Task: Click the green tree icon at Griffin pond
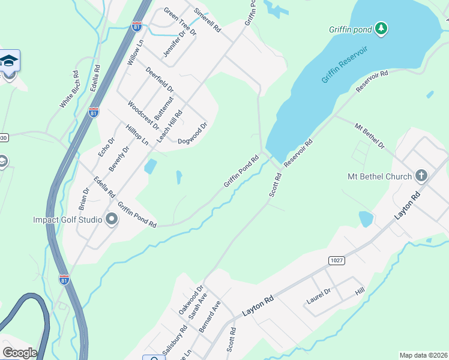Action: tap(381, 28)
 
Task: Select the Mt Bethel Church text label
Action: tap(380, 176)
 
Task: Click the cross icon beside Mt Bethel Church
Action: tap(421, 176)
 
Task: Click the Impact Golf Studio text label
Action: tap(68, 220)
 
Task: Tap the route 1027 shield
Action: tap(336, 259)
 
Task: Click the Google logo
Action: tap(20, 352)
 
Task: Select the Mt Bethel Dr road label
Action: tap(369, 136)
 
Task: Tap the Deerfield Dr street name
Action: tap(160, 80)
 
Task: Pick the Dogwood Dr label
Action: tap(192, 134)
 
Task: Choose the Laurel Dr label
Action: tap(319, 295)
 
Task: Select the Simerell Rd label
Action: tap(208, 20)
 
